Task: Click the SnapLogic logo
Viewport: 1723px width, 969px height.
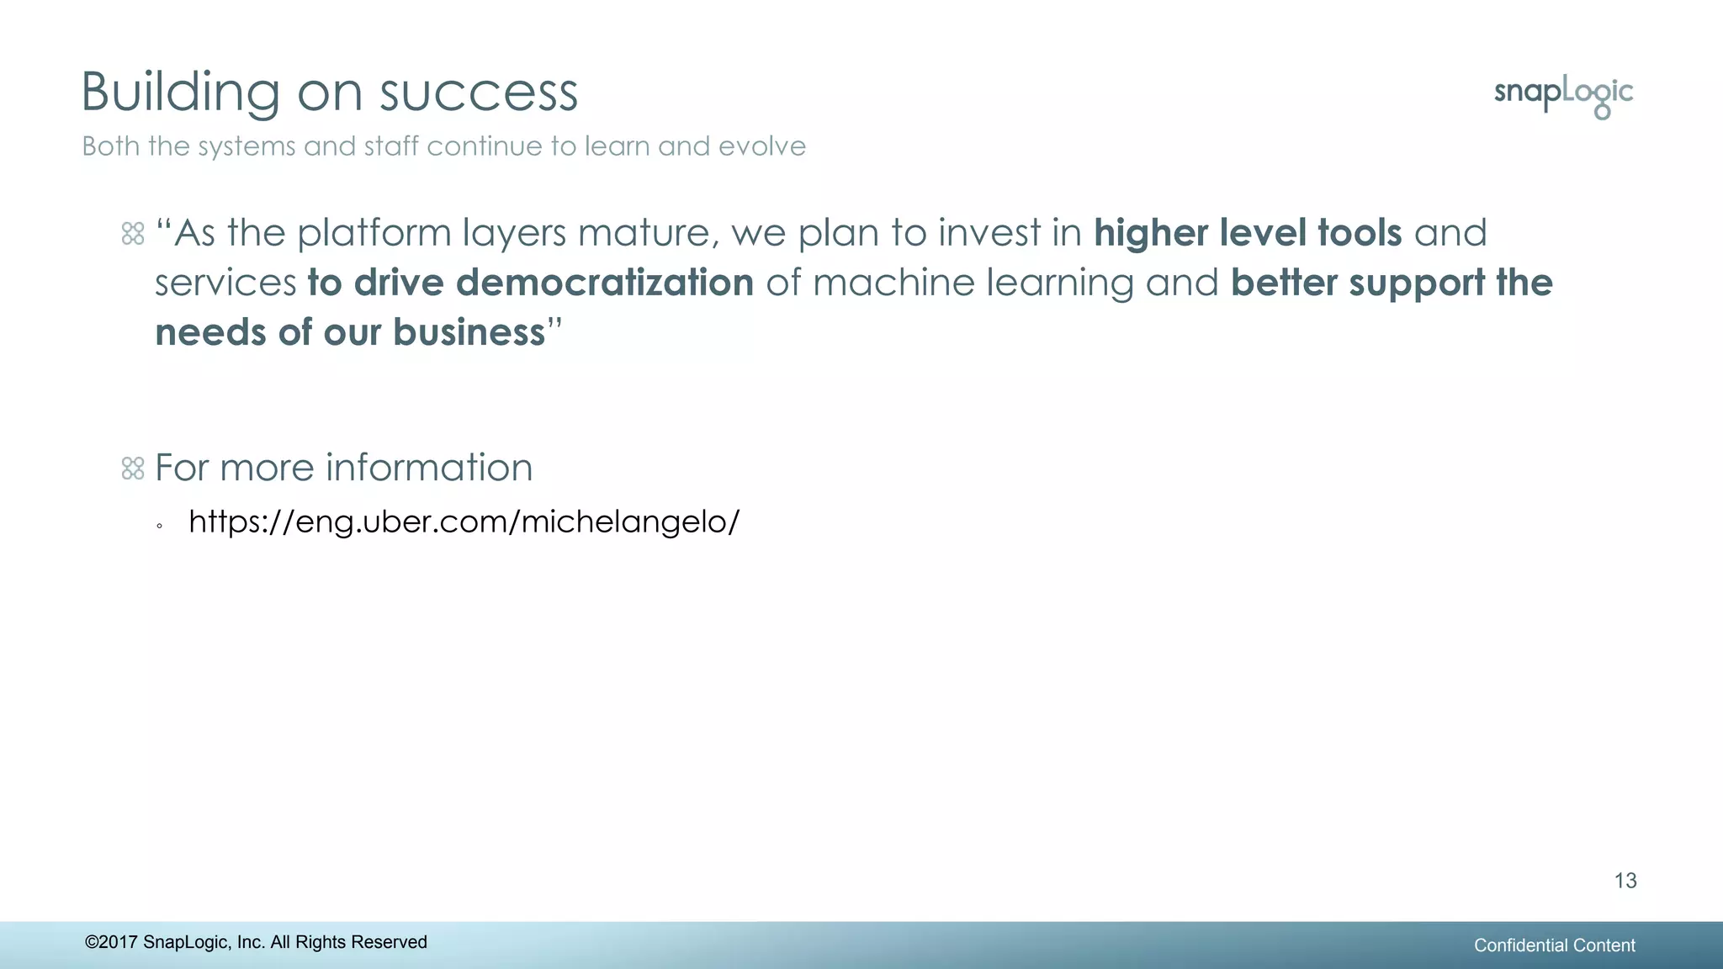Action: click(x=1563, y=96)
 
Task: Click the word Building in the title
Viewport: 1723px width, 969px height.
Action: click(x=180, y=92)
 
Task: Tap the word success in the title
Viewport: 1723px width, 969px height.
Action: click(x=479, y=92)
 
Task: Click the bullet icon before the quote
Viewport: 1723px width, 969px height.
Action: click(x=133, y=234)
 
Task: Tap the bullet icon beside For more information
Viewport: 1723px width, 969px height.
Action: click(x=133, y=469)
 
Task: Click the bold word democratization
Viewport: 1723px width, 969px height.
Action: click(x=604, y=283)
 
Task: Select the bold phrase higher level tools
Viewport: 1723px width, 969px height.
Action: click(x=1248, y=233)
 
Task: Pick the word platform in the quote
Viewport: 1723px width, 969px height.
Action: click(x=374, y=234)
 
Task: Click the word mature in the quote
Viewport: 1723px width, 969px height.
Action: click(x=649, y=234)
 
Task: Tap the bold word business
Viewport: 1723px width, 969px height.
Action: click(x=469, y=332)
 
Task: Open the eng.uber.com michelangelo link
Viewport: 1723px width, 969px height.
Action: click(x=464, y=522)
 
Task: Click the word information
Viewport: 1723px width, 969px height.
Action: click(x=429, y=468)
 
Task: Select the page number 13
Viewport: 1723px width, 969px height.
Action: click(x=1625, y=881)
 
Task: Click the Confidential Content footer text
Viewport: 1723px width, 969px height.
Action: click(x=1554, y=945)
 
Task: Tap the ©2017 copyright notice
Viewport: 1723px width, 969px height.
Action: click(x=256, y=942)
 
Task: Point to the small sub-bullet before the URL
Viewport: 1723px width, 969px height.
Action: click(x=159, y=527)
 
